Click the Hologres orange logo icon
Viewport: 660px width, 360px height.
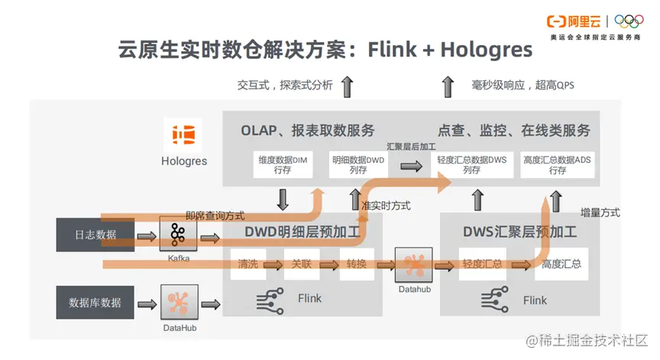click(x=183, y=136)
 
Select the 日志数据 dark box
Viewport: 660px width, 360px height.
click(x=95, y=235)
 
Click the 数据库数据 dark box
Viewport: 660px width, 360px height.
click(x=95, y=303)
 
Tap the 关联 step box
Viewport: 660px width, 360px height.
click(x=301, y=264)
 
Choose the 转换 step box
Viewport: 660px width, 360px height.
click(x=356, y=264)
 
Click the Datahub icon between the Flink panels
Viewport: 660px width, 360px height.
click(x=414, y=264)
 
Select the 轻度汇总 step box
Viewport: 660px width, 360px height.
click(x=482, y=264)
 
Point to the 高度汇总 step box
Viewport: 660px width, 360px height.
click(x=561, y=264)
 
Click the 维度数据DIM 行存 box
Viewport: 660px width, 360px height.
click(x=282, y=164)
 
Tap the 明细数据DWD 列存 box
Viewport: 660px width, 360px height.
click(x=358, y=164)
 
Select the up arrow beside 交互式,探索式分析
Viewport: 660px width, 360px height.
click(x=347, y=86)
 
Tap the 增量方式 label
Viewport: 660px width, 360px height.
click(x=600, y=212)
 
